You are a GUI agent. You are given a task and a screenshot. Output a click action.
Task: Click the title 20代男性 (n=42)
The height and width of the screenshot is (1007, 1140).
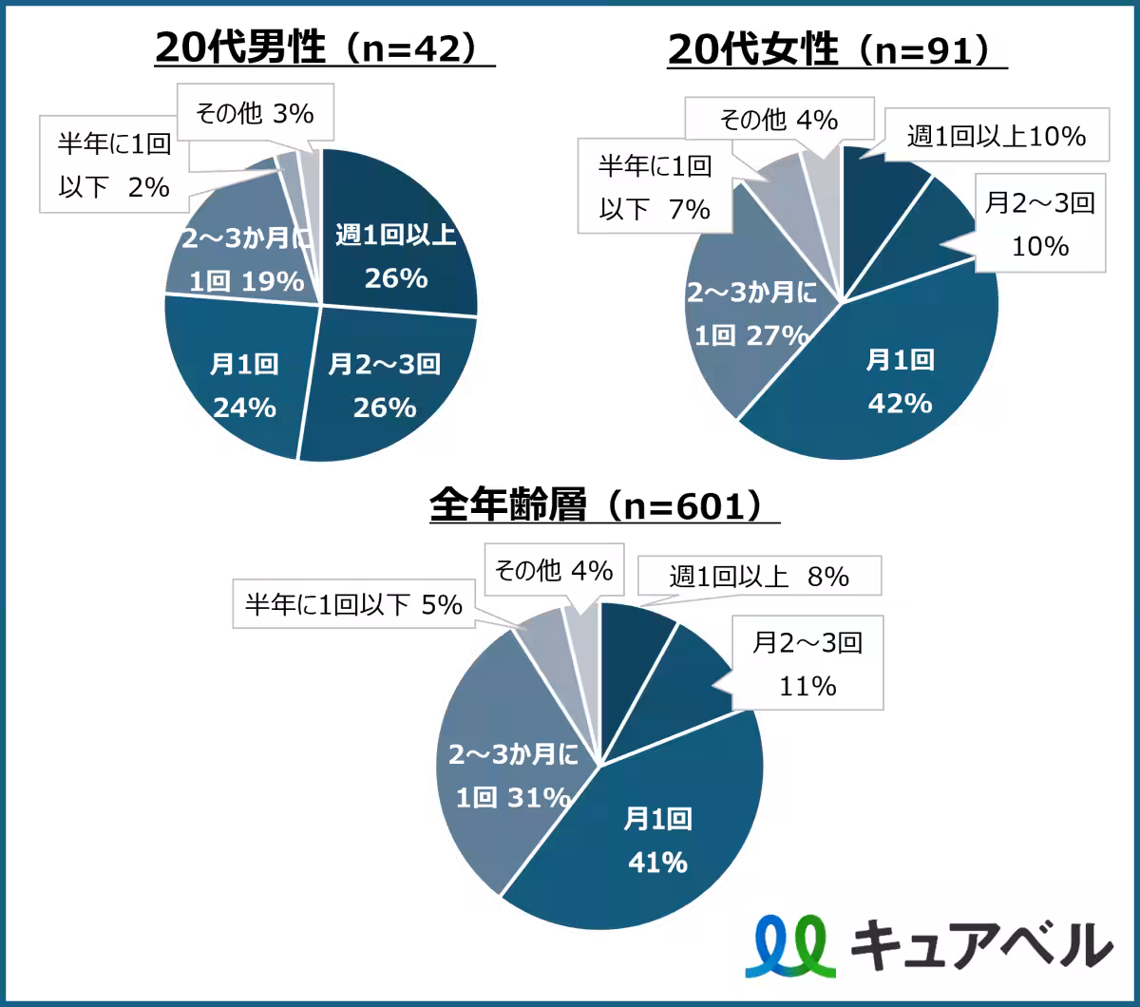coord(325,47)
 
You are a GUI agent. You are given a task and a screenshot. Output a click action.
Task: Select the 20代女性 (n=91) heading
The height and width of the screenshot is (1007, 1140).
coord(837,50)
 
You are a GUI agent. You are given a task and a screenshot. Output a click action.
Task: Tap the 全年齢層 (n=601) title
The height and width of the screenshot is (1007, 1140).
coord(604,504)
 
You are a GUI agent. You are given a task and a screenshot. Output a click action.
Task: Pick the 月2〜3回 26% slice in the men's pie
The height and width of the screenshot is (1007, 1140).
coord(389,383)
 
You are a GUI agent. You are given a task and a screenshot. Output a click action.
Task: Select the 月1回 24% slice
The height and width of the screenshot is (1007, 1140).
coord(242,377)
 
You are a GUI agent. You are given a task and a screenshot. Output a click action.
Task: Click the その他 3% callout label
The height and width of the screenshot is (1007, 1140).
coord(256,113)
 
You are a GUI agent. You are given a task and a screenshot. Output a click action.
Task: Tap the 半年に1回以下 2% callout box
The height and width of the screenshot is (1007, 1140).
coord(114,164)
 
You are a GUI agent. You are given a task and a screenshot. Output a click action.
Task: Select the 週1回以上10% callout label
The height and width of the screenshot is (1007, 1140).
coord(997,135)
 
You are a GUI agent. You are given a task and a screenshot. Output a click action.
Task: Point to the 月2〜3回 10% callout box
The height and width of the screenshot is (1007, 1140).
coord(1040,223)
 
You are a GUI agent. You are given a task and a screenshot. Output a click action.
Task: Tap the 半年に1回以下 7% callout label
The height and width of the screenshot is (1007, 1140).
coord(655,186)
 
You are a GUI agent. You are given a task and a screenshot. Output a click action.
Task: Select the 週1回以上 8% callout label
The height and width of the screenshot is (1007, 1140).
coord(759,576)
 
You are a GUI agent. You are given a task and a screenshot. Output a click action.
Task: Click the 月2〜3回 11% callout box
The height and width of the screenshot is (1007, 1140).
coord(807,662)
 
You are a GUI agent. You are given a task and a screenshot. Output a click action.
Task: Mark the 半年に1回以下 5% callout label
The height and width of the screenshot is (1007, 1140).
coord(354,604)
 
